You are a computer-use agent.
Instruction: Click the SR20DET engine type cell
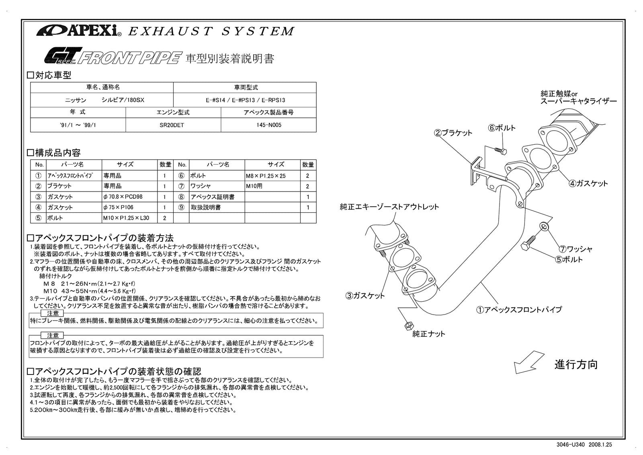tap(173, 125)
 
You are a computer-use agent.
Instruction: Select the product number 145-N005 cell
tap(268, 125)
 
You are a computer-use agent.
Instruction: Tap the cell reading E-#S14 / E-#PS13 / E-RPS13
tap(245, 100)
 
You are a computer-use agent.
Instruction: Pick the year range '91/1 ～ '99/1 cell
tap(78, 125)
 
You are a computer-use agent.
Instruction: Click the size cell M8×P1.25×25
tap(272, 176)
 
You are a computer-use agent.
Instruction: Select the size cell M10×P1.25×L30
tap(129, 218)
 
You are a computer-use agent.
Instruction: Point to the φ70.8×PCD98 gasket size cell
tap(129, 197)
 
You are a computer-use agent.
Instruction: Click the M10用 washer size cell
tap(272, 186)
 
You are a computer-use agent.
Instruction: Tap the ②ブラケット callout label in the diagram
tap(453, 133)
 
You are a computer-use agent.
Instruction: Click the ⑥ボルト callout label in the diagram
tap(502, 128)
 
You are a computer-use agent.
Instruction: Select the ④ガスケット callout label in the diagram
tap(588, 183)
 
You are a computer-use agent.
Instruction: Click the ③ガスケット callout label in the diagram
tap(365, 296)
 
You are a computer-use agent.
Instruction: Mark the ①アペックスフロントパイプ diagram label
tap(519, 309)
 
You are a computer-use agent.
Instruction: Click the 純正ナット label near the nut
tap(428, 334)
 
